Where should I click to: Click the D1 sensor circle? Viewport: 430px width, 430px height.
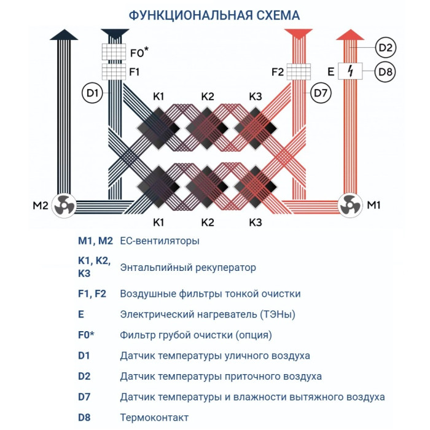coord(93,93)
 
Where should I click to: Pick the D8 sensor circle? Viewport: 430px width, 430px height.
coord(385,72)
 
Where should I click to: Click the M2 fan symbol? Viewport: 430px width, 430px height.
coord(64,205)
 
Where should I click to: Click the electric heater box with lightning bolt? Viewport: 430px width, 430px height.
coord(350,72)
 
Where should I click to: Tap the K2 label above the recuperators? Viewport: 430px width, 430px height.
coord(208,96)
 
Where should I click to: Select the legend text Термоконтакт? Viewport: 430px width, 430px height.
coord(155,418)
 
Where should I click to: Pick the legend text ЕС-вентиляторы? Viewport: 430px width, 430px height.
coord(160,241)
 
